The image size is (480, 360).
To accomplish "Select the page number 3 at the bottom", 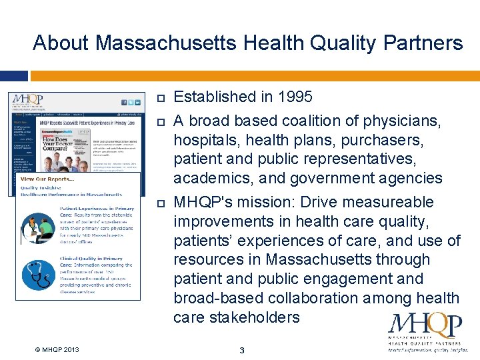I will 242,350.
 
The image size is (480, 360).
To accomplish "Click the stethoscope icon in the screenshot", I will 36,275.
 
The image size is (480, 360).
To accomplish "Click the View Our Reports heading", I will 47,179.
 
